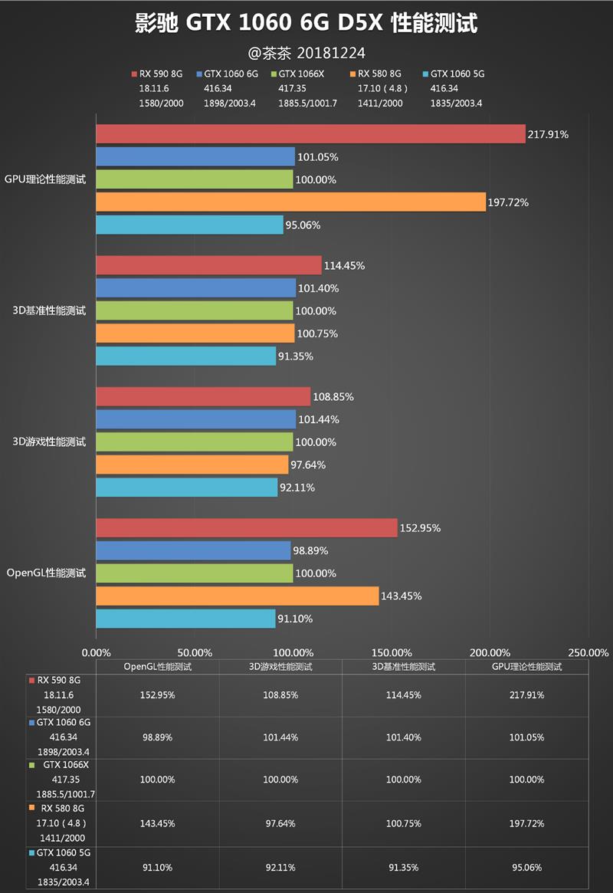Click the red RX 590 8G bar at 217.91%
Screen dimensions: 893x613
pyautogui.click(x=310, y=134)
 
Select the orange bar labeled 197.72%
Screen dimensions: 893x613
pyautogui.click(x=290, y=202)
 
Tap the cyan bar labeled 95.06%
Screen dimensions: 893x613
pyautogui.click(x=189, y=225)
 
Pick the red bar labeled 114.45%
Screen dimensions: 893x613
pyautogui.click(x=208, y=265)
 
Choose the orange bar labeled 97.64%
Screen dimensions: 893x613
pyautogui.click(x=192, y=465)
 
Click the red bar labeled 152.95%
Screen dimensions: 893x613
pyautogui.click(x=247, y=527)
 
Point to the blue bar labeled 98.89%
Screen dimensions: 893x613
pyautogui.click(x=193, y=550)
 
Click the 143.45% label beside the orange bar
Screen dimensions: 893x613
pyautogui.click(x=401, y=596)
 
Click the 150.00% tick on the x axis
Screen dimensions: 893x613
pyautogui.click(x=391, y=652)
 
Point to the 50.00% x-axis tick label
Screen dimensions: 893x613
pyautogui.click(x=194, y=652)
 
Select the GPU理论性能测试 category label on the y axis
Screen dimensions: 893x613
pyautogui.click(x=45, y=179)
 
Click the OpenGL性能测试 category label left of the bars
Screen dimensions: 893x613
pyautogui.click(x=46, y=573)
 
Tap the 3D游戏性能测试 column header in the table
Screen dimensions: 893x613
pyautogui.click(x=280, y=667)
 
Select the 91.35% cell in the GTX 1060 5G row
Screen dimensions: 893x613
pyautogui.click(x=404, y=867)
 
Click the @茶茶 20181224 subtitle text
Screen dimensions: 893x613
pyautogui.click(x=306, y=53)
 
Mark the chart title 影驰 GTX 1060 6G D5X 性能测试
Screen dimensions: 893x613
pyautogui.click(x=306, y=24)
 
